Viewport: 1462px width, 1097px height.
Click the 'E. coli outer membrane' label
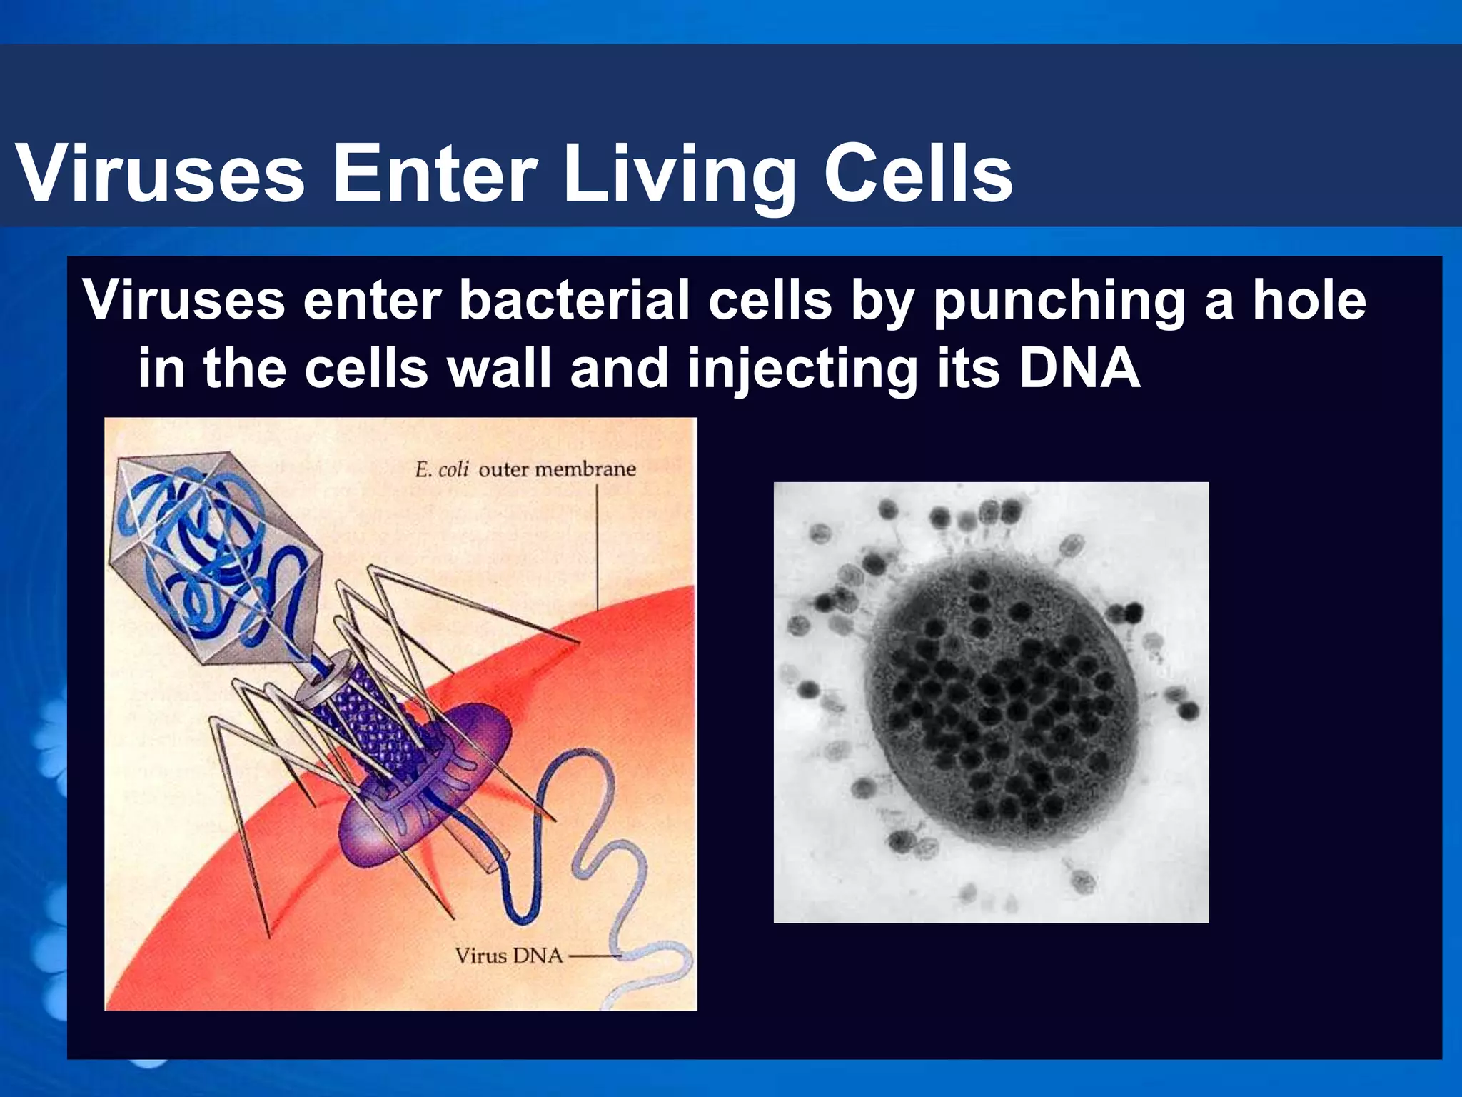[525, 469]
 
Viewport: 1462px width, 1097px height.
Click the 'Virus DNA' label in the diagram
[508, 956]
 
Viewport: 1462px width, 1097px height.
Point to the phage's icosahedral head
[214, 557]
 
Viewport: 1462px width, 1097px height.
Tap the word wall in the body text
[499, 369]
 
